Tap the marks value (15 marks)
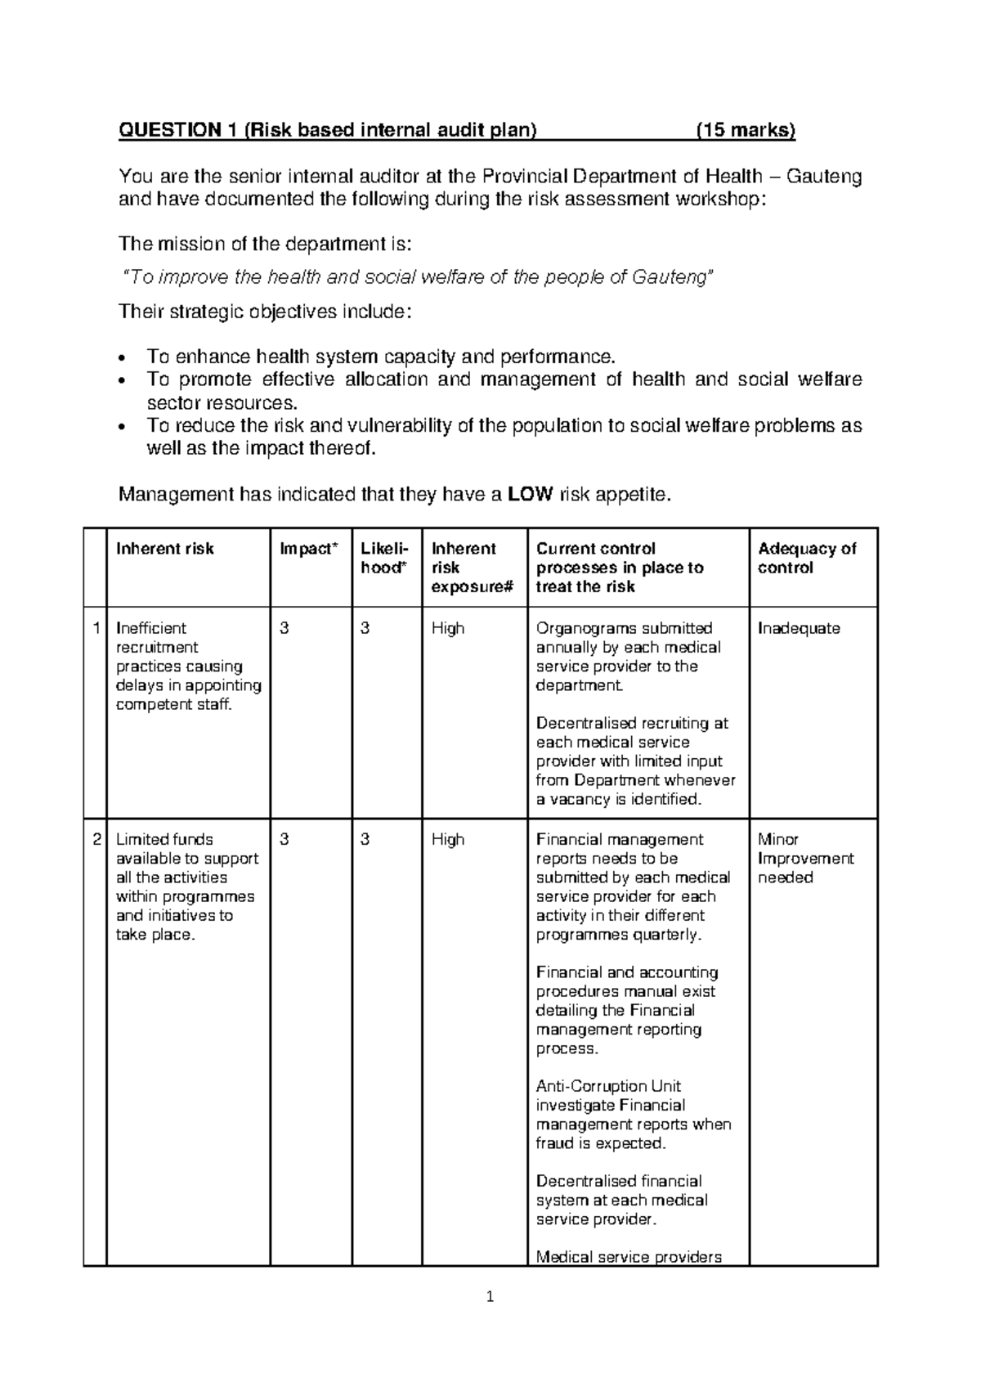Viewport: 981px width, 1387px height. (x=745, y=130)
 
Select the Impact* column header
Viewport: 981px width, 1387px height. (x=308, y=549)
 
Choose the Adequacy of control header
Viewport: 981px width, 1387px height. (x=806, y=558)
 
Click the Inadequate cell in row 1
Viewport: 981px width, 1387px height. (x=799, y=628)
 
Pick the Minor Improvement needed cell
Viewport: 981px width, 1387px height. (x=805, y=858)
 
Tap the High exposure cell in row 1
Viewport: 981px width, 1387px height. (x=448, y=628)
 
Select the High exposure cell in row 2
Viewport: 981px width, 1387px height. (x=448, y=839)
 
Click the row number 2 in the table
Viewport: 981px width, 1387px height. (x=96, y=839)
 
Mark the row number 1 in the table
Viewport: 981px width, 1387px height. (x=96, y=628)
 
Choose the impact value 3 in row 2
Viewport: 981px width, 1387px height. (x=284, y=839)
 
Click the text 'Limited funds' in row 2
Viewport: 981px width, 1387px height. (x=164, y=839)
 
